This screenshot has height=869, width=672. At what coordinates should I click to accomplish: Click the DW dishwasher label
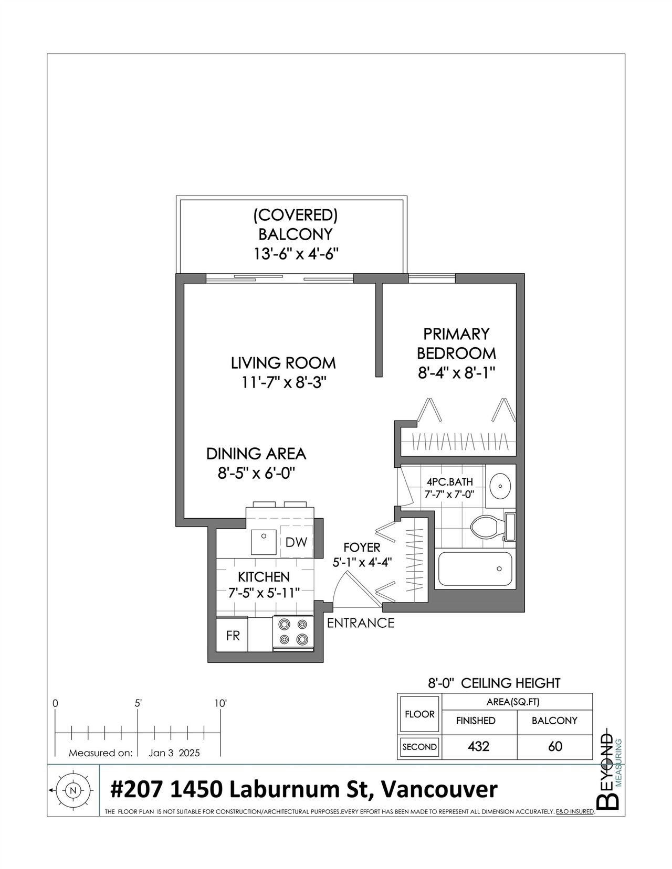click(x=296, y=542)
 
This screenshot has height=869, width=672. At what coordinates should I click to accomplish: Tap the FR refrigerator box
click(x=232, y=636)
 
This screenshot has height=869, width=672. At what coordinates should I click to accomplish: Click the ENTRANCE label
click(x=361, y=623)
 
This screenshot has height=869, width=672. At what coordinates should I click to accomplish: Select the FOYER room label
click(x=362, y=547)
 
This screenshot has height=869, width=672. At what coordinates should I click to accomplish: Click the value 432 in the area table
click(x=478, y=746)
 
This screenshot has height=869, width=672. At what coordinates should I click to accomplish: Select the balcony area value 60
click(x=555, y=746)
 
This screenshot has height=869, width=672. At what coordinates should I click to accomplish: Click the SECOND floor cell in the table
click(x=419, y=747)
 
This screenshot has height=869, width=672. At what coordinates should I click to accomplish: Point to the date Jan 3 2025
click(x=174, y=753)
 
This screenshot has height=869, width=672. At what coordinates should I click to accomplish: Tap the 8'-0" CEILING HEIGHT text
click(x=494, y=683)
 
